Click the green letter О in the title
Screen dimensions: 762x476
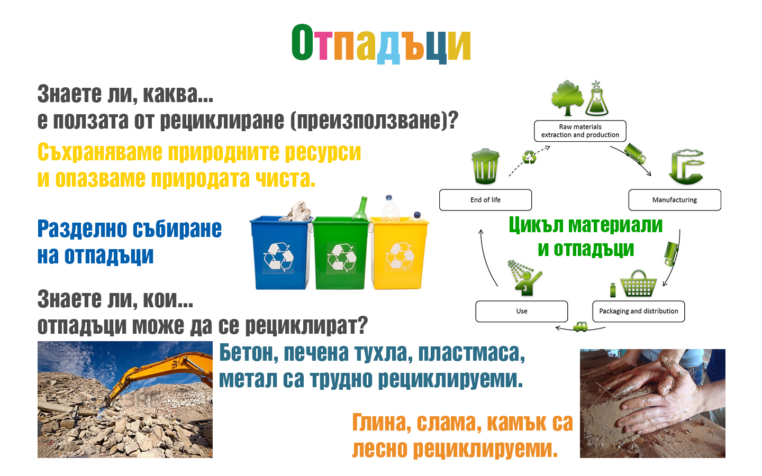303,42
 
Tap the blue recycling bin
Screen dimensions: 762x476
280,253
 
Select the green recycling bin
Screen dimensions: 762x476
341,253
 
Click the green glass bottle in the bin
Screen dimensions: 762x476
360,209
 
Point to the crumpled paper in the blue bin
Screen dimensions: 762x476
297,211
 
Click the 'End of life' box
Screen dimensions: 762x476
485,200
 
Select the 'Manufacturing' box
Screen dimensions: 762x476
675,200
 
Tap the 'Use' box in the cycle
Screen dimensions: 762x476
522,311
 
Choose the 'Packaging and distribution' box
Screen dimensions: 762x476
639,311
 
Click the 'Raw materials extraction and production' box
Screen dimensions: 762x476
580,131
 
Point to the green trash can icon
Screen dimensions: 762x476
485,166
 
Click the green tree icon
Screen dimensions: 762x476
567,98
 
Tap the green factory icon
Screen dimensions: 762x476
686,167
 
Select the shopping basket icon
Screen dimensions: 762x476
638,283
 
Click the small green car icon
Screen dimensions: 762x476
580,327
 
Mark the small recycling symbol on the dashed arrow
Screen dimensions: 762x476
529,157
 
